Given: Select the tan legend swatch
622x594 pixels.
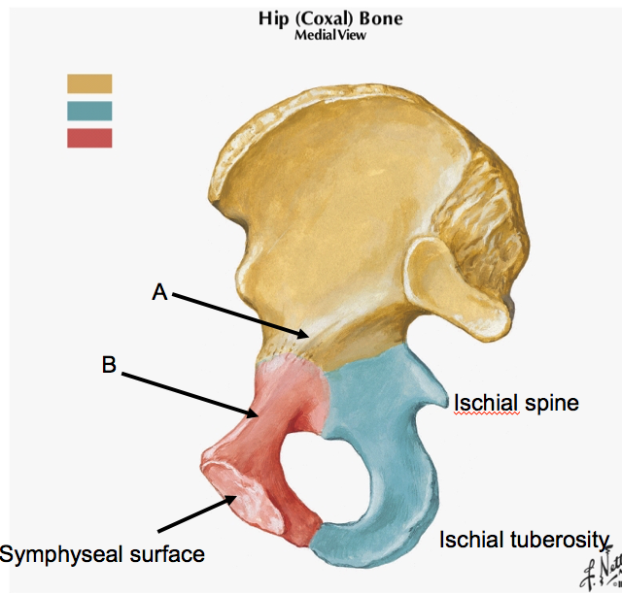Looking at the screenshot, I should pyautogui.click(x=89, y=83).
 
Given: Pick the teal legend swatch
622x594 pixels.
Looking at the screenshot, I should pyautogui.click(x=89, y=111).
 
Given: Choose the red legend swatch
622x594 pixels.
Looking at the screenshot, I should pyautogui.click(x=89, y=138).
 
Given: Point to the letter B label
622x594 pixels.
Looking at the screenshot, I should pyautogui.click(x=109, y=366).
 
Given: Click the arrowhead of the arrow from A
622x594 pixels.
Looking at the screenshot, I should pyautogui.click(x=309, y=335).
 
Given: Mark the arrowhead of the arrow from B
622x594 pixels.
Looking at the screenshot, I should pyautogui.click(x=259, y=415).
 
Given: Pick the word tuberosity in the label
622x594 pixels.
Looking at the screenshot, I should pyautogui.click(x=561, y=541).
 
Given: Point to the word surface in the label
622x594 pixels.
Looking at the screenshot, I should pyautogui.click(x=169, y=554).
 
